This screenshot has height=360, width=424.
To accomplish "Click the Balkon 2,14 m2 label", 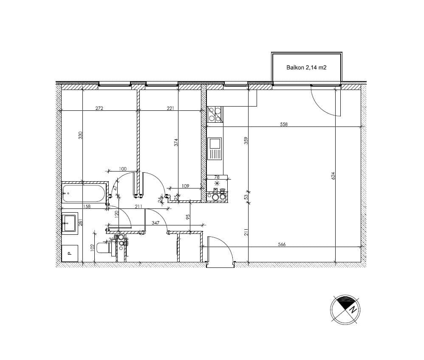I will pyautogui.click(x=306, y=67).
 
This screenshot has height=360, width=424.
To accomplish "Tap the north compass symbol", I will pyautogui.click(x=346, y=309).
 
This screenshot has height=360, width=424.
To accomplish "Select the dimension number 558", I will pyautogui.click(x=284, y=124).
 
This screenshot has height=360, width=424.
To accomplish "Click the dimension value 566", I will pyautogui.click(x=281, y=244).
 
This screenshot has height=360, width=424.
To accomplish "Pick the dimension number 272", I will pyautogui.click(x=99, y=108).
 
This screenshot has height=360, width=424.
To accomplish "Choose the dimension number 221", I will pyautogui.click(x=170, y=108).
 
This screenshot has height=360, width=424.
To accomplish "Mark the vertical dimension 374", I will pyautogui.click(x=176, y=143).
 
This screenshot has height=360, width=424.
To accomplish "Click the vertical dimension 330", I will pyautogui.click(x=80, y=135).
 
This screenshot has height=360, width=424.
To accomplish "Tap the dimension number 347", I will pyautogui.click(x=155, y=222).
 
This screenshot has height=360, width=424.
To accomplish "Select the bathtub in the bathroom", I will pyautogui.click(x=84, y=193).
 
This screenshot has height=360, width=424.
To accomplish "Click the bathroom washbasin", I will pyautogui.click(x=69, y=222).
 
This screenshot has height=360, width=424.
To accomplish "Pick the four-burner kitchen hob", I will pyautogui.click(x=215, y=114).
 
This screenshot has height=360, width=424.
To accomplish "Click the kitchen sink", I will pyautogui.click(x=215, y=149).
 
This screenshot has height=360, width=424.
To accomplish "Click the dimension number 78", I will pyautogui.click(x=217, y=177).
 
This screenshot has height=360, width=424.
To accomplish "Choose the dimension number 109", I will pyautogui.click(x=185, y=186).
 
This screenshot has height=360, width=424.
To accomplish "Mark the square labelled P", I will pyautogui.click(x=70, y=253).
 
